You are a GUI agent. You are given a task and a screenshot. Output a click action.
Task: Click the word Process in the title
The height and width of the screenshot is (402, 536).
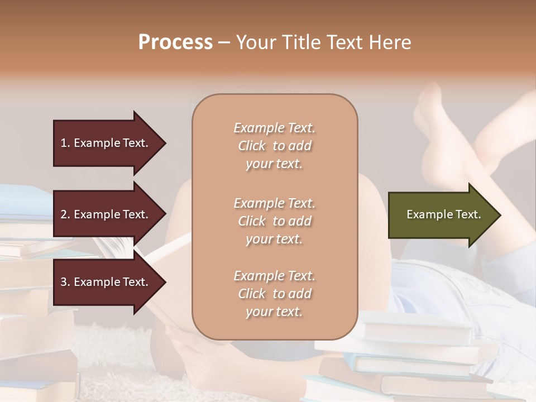click(175, 42)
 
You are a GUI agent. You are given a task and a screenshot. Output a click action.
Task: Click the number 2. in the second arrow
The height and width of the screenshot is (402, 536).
click(65, 214)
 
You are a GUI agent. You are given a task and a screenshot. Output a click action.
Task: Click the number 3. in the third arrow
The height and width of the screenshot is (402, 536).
click(65, 282)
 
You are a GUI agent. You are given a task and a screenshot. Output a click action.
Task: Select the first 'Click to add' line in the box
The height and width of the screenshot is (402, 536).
click(274, 146)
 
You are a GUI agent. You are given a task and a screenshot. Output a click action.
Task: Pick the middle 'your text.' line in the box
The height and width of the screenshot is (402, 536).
click(274, 239)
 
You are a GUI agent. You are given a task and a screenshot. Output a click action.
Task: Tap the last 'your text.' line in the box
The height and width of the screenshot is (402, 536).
click(274, 312)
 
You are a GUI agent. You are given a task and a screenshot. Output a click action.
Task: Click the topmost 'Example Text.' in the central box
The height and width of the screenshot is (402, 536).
click(274, 128)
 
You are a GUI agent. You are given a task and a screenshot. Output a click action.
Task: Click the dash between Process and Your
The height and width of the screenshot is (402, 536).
click(224, 42)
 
